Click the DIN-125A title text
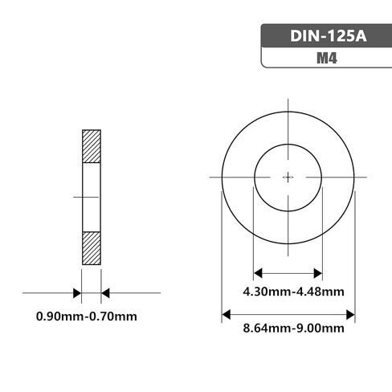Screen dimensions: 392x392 [325, 37]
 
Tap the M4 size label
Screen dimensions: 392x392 [325, 58]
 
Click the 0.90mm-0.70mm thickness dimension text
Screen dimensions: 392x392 [87, 316]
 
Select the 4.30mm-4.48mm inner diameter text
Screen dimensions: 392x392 [288, 291]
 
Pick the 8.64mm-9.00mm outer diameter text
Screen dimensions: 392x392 [288, 328]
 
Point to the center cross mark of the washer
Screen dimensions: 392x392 [288, 177]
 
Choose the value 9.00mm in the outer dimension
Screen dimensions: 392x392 [320, 328]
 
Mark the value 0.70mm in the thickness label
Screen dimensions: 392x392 [112, 316]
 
